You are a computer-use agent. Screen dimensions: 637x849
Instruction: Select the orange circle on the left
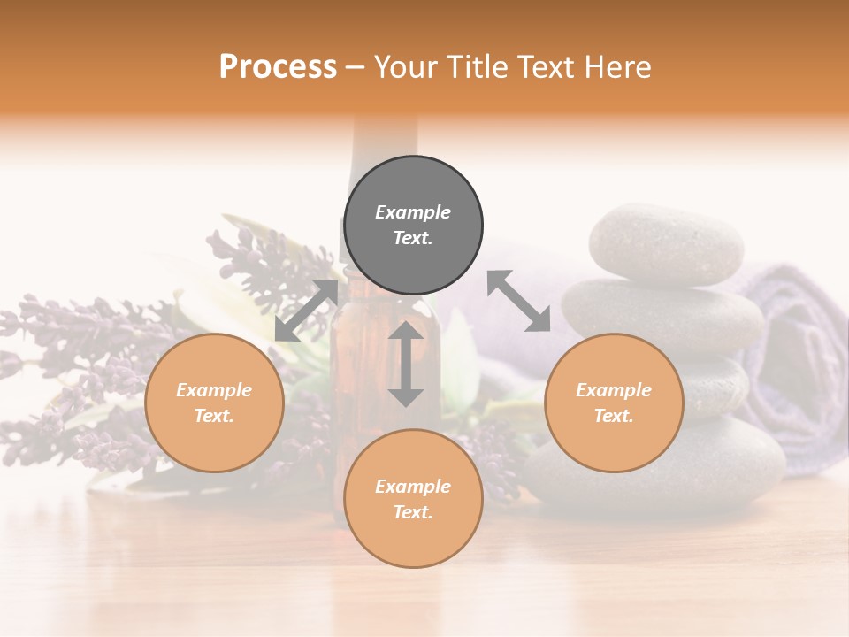pos(214,403)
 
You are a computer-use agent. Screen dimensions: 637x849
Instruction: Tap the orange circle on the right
pos(614,403)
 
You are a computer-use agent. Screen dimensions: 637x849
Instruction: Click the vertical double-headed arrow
pos(406,364)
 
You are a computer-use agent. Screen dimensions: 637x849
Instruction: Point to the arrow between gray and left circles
pos(306,310)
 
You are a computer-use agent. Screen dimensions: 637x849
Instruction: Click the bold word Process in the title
pos(278,66)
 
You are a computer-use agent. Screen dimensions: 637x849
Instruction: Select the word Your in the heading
pos(406,66)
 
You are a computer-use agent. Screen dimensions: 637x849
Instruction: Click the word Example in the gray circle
pos(413,212)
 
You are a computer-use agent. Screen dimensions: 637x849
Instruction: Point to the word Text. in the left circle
pos(214,416)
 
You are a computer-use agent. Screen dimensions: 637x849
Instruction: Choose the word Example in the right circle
pos(614,390)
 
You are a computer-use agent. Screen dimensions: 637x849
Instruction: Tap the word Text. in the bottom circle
pos(413,512)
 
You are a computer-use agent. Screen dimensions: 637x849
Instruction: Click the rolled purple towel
pos(796,354)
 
